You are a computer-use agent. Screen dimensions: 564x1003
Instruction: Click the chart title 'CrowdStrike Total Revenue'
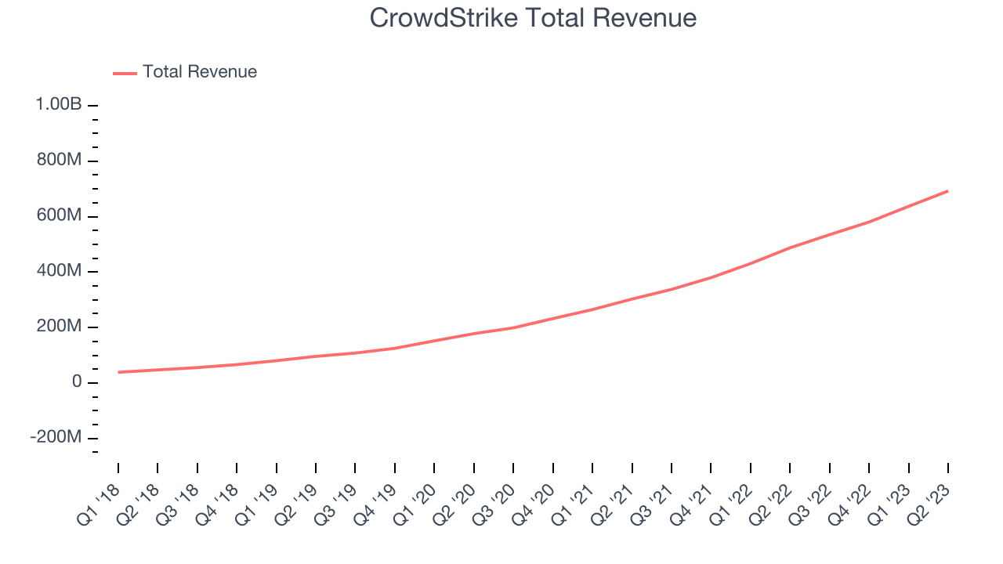coord(533,17)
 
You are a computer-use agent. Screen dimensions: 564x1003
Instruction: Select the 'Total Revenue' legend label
coord(199,72)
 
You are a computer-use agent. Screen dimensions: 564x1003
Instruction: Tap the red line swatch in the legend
coord(125,73)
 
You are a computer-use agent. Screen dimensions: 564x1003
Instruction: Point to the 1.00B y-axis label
coord(58,104)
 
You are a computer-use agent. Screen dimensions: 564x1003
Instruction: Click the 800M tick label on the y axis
coord(58,160)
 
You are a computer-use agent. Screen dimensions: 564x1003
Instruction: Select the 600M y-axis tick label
coord(58,215)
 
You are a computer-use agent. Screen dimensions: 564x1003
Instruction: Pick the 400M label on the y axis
coord(58,271)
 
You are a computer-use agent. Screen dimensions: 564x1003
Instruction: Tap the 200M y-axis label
coord(58,327)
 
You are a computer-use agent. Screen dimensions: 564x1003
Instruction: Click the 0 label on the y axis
coord(77,382)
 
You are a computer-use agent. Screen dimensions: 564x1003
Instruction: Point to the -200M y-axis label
coord(56,437)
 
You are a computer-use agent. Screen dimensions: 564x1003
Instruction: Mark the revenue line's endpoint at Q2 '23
coord(948,191)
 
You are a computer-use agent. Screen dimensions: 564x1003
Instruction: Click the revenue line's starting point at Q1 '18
coord(118,372)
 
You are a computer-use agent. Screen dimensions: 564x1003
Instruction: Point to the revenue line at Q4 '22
coord(869,222)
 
